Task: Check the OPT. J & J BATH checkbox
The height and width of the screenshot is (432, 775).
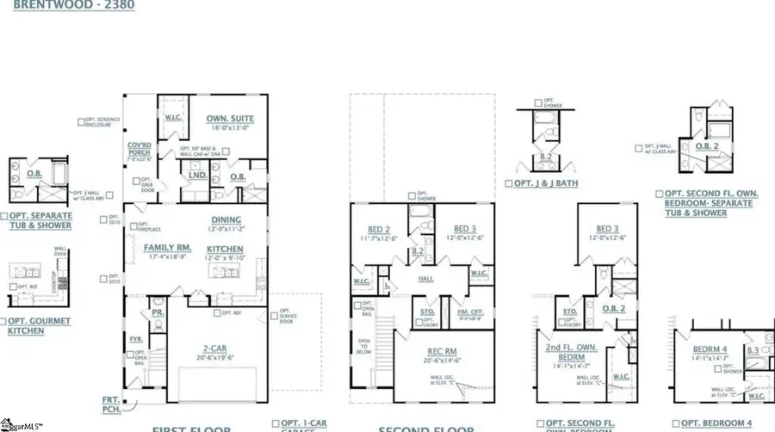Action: coord(509,183)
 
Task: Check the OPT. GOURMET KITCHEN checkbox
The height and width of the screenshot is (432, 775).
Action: coord(5,319)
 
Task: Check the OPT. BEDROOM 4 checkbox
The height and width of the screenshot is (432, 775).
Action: coord(676,423)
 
